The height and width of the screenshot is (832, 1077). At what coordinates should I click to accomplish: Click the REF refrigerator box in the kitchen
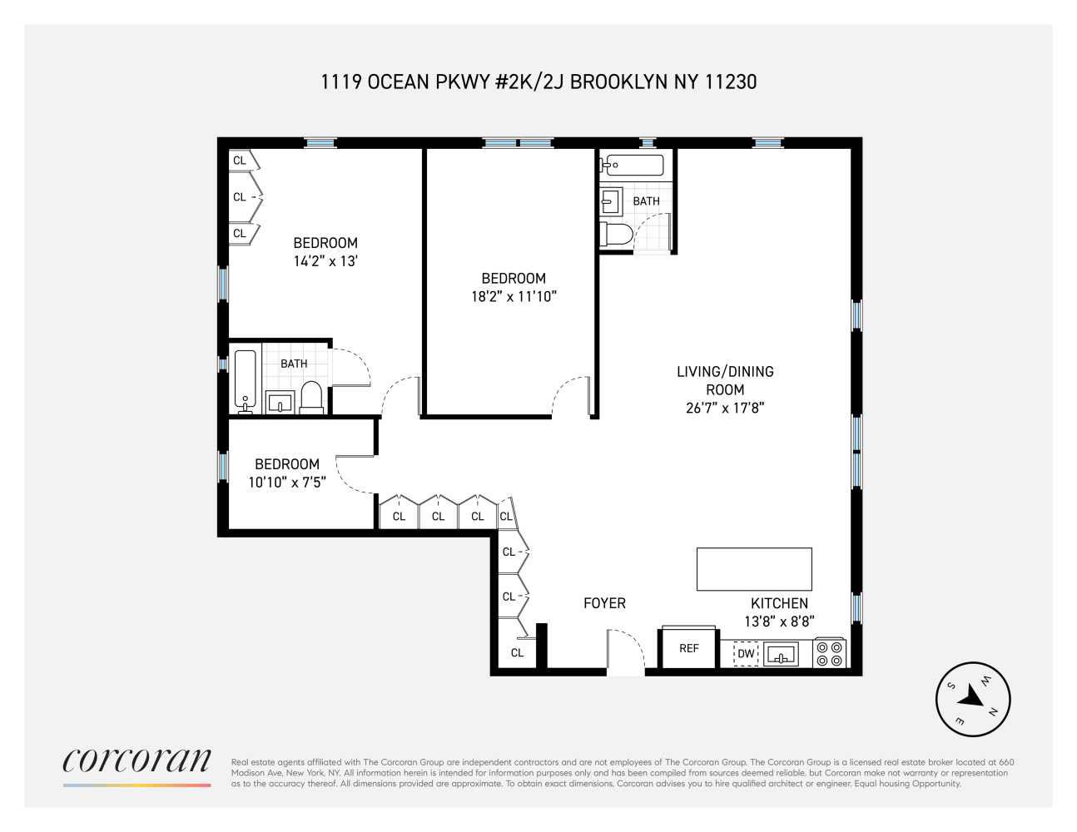[x=688, y=647]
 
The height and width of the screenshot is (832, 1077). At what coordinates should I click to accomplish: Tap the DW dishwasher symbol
[x=746, y=655]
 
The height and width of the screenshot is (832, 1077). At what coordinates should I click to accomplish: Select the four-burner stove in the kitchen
[x=830, y=653]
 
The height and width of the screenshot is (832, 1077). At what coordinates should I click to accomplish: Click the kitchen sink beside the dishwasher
[x=781, y=655]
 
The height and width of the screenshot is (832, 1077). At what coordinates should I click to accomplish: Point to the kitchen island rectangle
[x=753, y=569]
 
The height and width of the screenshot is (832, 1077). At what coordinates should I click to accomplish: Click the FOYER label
[x=604, y=603]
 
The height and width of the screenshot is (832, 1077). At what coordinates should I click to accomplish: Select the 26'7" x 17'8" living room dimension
[x=720, y=408]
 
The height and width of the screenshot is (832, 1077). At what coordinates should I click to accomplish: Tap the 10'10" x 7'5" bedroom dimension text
[x=286, y=481]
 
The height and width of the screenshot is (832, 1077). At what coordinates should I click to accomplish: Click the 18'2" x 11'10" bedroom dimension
[x=514, y=295]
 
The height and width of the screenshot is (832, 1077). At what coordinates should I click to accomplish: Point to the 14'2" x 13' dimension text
[x=325, y=260]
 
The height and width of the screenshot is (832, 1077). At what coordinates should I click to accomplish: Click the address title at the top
[x=538, y=82]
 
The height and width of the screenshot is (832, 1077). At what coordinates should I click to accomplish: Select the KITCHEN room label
[x=779, y=603]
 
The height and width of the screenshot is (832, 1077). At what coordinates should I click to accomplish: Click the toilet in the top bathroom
[x=615, y=235]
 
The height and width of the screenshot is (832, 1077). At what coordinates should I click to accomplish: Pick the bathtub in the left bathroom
[x=246, y=381]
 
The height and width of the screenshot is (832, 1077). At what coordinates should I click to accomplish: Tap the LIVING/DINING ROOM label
[x=725, y=380]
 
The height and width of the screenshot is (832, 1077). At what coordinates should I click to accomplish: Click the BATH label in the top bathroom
[x=646, y=201]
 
